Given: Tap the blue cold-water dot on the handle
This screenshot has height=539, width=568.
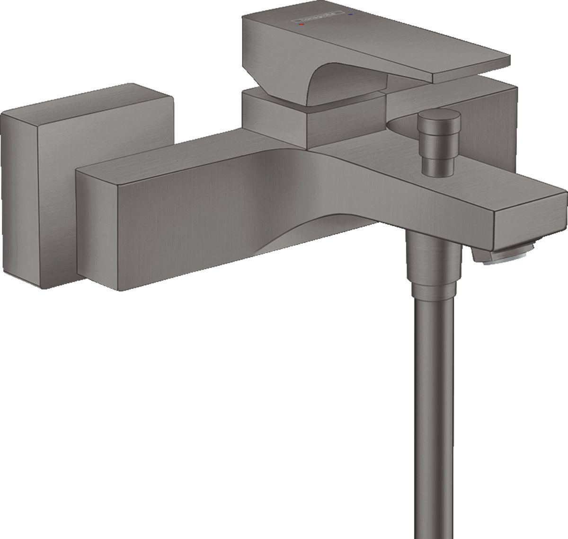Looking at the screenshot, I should [x=350, y=15].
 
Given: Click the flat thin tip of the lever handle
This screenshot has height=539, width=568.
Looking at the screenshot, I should [x=469, y=71].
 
